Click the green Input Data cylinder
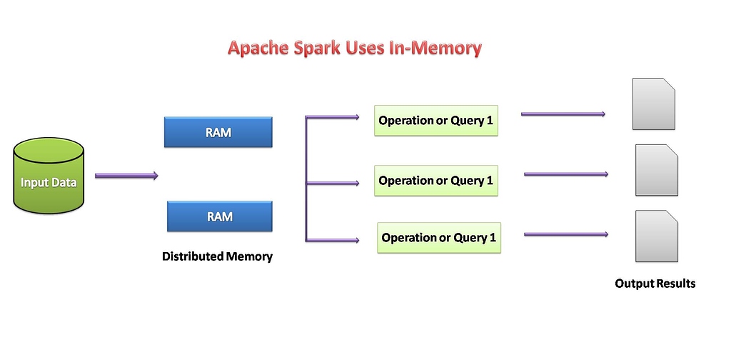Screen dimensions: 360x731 click(x=49, y=176)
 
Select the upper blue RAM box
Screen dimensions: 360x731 click(x=218, y=132)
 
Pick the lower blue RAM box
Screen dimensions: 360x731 click(x=219, y=216)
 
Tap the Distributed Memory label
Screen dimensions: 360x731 click(x=217, y=256)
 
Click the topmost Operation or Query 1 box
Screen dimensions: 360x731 click(x=435, y=121)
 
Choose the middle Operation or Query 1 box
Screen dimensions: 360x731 click(x=435, y=181)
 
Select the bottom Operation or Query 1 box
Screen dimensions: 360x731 click(x=438, y=238)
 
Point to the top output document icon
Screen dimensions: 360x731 click(x=653, y=104)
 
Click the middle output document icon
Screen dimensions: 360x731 click(x=657, y=170)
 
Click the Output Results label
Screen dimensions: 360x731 click(x=655, y=284)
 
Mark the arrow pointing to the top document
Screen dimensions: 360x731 click(x=563, y=114)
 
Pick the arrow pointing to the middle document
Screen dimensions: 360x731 click(x=565, y=174)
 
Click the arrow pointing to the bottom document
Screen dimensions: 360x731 click(x=565, y=234)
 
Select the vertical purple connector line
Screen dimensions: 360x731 click(x=306, y=178)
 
